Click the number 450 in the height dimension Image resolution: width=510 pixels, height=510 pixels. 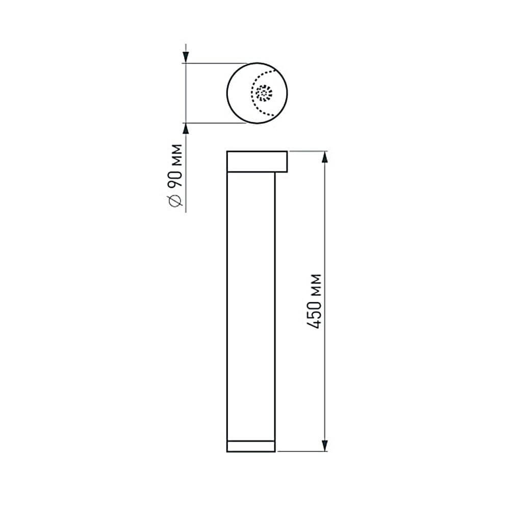(316, 317)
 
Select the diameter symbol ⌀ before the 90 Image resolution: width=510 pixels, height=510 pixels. (176, 201)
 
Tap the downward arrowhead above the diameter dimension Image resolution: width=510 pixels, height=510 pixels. (186, 56)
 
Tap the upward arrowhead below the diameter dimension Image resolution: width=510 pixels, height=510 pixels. (186, 130)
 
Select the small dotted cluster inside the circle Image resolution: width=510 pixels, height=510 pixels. (264, 93)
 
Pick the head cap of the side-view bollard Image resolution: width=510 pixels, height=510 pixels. (257, 161)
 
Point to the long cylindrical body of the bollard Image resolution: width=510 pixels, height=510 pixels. (250, 306)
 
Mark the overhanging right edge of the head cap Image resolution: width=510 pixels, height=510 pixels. (287, 161)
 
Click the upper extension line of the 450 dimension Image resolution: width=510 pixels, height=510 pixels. (306, 151)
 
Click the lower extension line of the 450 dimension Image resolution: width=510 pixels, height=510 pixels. (301, 451)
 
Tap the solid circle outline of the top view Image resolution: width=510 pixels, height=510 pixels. (227, 93)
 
